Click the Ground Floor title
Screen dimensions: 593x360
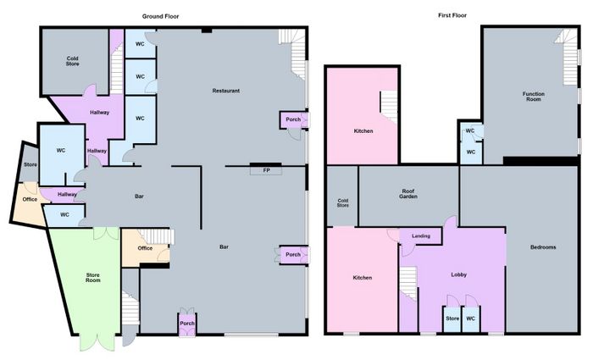pyautogui.click(x=160, y=16)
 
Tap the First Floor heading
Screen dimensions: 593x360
pyautogui.click(x=452, y=15)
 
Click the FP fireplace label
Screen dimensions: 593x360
pyautogui.click(x=266, y=170)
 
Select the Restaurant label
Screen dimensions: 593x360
pyautogui.click(x=226, y=91)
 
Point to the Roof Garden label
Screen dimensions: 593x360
pyautogui.click(x=408, y=194)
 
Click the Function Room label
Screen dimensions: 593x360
pyautogui.click(x=534, y=97)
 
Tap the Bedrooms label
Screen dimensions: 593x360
pyautogui.click(x=543, y=247)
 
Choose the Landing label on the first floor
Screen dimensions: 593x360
pyautogui.click(x=421, y=236)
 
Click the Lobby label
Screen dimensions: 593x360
pyautogui.click(x=459, y=274)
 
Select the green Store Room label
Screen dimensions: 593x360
pyautogui.click(x=93, y=278)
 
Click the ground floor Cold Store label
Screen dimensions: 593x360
pyautogui.click(x=73, y=61)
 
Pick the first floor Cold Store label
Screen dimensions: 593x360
pyautogui.click(x=342, y=203)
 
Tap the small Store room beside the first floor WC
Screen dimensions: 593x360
pyautogui.click(x=452, y=318)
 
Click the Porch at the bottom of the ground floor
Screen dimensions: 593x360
pyautogui.click(x=187, y=324)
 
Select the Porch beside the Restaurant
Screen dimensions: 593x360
pyautogui.click(x=293, y=119)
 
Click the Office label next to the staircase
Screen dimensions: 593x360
pyautogui.click(x=145, y=248)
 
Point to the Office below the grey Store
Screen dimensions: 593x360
pyautogui.click(x=30, y=199)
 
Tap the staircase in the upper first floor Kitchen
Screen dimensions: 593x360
pyautogui.click(x=389, y=108)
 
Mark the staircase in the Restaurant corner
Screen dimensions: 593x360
pyautogui.click(x=294, y=53)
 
